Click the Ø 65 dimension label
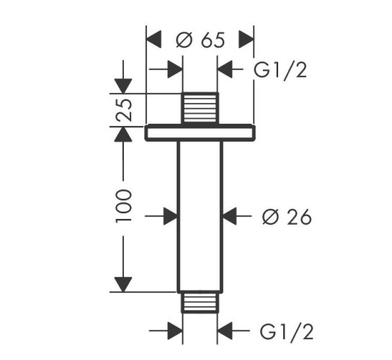coord(200,40)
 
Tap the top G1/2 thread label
coord(280,71)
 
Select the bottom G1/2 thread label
coord(287,331)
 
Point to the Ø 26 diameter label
coord(287,216)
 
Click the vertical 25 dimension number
coord(124,110)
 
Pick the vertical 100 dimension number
coord(124,206)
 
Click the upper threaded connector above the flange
coord(200,108)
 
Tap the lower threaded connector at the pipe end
coord(200,302)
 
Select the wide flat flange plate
coord(200,132)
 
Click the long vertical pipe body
coord(200,217)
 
